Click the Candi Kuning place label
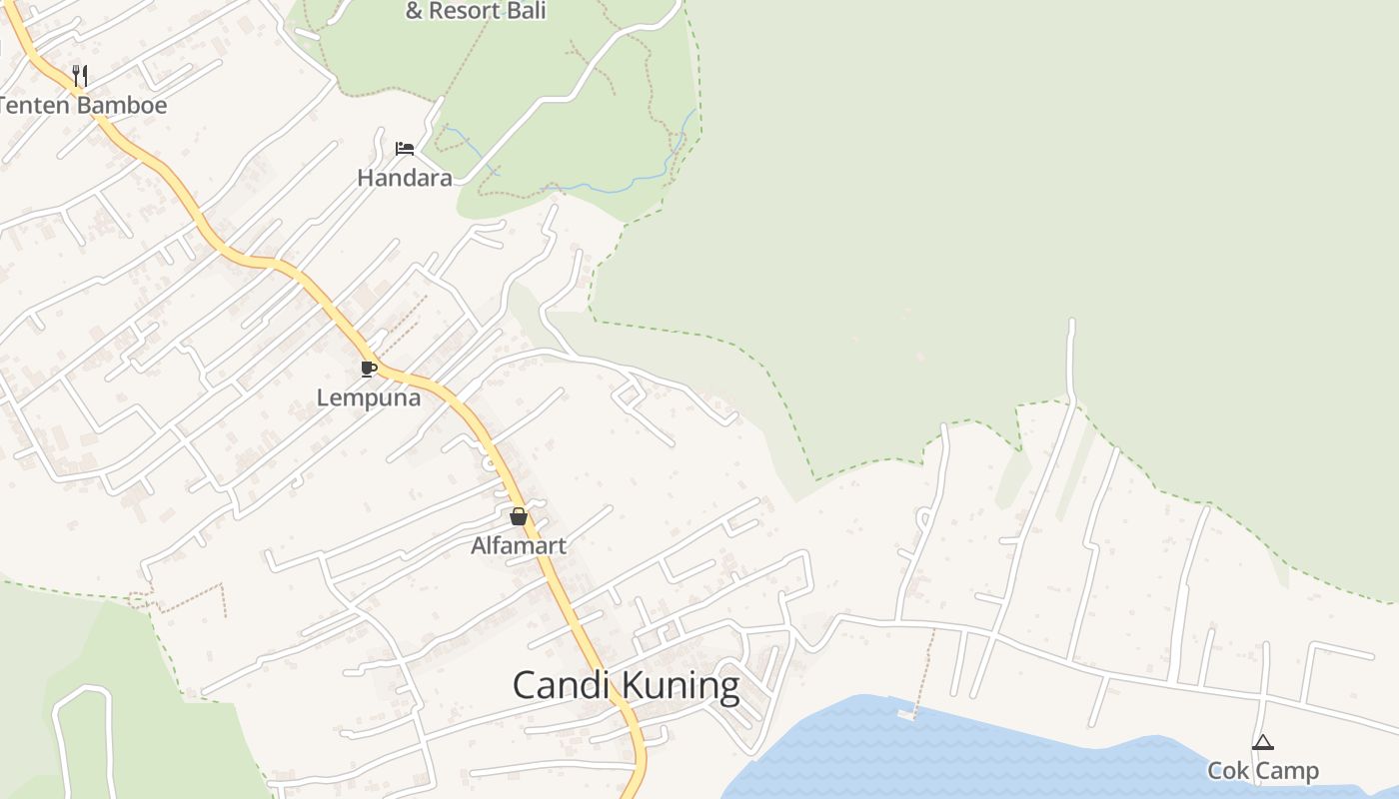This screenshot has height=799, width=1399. pyautogui.click(x=626, y=686)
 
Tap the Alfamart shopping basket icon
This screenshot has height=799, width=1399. pyautogui.click(x=518, y=516)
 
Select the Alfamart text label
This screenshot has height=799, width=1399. pyautogui.click(x=519, y=546)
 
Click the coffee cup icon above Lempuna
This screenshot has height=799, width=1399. pyautogui.click(x=369, y=370)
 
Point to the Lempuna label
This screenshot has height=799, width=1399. pyautogui.click(x=369, y=398)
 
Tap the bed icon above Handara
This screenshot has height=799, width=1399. pyautogui.click(x=405, y=149)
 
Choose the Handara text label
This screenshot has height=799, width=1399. pyautogui.click(x=405, y=178)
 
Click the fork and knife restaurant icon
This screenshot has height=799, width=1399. pyautogui.click(x=80, y=75)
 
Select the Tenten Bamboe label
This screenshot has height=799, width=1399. pyautogui.click(x=82, y=105)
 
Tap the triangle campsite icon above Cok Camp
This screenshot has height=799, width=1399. pyautogui.click(x=1263, y=742)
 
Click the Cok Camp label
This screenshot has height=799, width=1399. pyautogui.click(x=1263, y=771)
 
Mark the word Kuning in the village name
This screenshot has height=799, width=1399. pyautogui.click(x=682, y=686)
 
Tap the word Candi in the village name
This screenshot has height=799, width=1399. pyautogui.click(x=562, y=686)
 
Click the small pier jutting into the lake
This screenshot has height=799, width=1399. pyautogui.click(x=907, y=713)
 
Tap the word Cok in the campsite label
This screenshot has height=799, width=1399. pyautogui.click(x=1226, y=771)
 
